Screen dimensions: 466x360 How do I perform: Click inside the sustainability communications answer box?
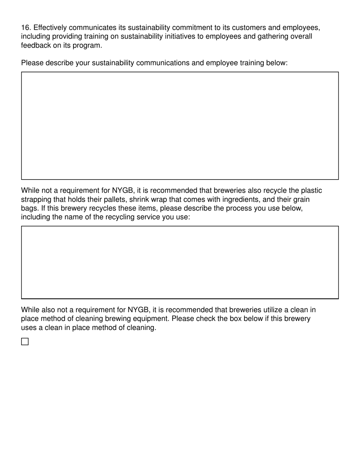click(x=180, y=125)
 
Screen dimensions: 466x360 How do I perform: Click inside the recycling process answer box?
click(x=180, y=262)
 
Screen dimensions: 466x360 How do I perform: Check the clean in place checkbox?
click(x=25, y=342)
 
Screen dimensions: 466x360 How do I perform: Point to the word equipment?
click(x=152, y=319)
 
